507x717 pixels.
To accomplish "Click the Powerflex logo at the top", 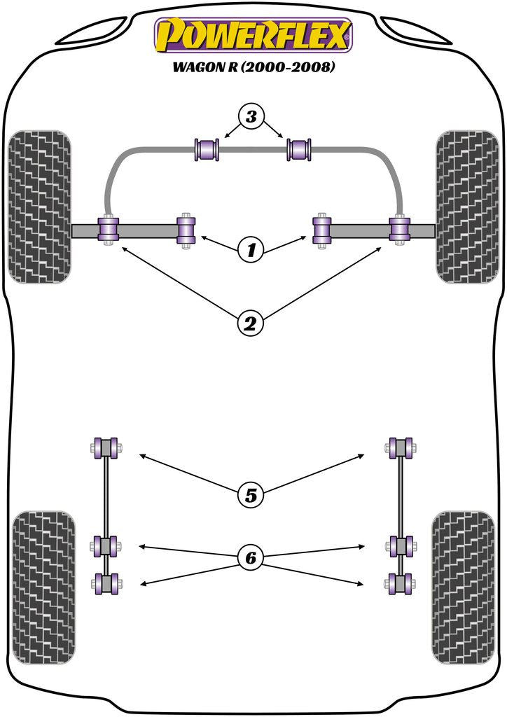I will pos(253,36).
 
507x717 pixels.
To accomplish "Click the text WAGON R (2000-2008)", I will pos(253,68).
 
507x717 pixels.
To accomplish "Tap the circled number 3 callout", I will pos(252,117).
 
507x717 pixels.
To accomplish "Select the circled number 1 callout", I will pos(252,249).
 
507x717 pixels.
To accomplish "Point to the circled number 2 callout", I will pos(252,323).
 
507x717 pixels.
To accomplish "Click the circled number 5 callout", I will pos(252,496).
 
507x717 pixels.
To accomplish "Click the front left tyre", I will pos(39,206).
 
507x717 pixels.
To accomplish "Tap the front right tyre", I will pos(467,206).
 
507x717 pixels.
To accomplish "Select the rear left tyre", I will pos(44,587).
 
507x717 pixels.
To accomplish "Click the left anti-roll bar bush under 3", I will pos(207,149).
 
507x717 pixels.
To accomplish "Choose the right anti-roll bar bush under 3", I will pos(300,149).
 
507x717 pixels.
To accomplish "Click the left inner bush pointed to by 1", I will pos(186,230).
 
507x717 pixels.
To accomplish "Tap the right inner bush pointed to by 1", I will pos(321,230).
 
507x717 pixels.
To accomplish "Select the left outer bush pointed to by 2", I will pos(109,229).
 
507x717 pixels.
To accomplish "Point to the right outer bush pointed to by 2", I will pos(398,229).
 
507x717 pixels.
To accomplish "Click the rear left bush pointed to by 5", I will pos(106,447).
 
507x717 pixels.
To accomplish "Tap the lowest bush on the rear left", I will pos(106,583).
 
